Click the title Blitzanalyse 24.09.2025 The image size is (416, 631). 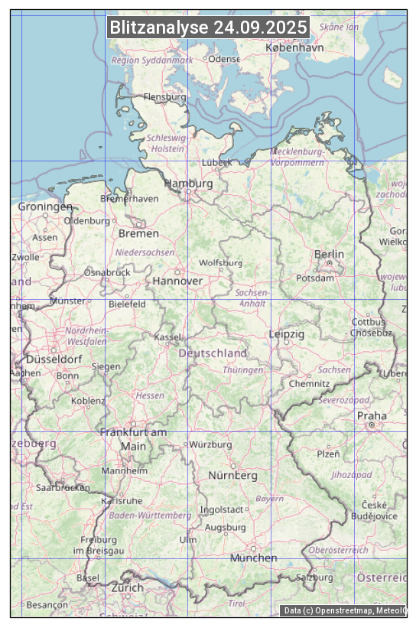pos(208,28)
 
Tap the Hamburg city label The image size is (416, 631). pos(188,184)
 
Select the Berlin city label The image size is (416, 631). pos(329,254)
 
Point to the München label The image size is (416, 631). pos(253,558)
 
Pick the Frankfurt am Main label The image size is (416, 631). pos(133,439)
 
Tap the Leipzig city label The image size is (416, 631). pos(287,334)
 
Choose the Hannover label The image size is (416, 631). pos(177,281)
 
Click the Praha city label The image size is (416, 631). pos(372,416)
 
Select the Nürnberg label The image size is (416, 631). pos(232,476)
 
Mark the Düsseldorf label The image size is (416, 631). pos(54,359)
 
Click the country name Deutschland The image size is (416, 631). pos(213,353)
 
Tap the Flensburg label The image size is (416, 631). pos(165,97)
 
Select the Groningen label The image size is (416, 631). pos(45,207)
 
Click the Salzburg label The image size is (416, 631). pos(314,577)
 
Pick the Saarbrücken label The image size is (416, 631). pos(63,486)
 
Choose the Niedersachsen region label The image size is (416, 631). pos(145,252)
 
